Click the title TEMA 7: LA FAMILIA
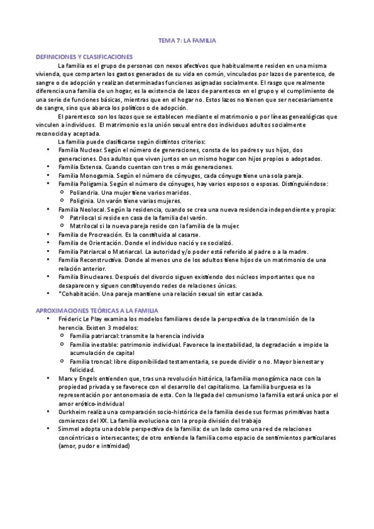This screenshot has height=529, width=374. click(187, 41)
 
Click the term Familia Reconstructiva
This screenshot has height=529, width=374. click(86, 259)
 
